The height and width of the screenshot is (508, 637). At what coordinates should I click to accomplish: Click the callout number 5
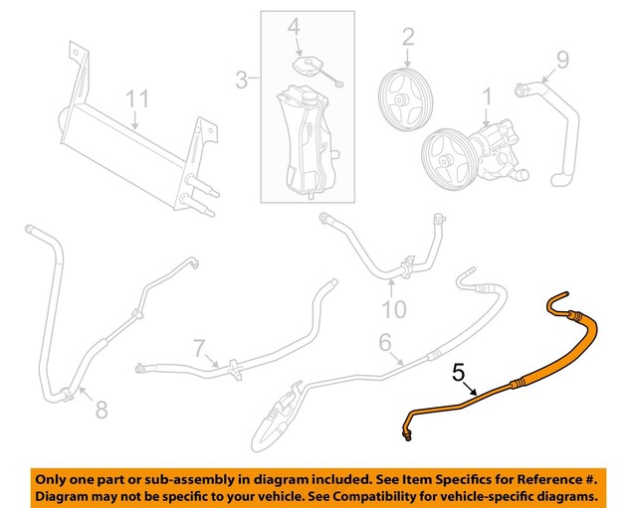point(458,374)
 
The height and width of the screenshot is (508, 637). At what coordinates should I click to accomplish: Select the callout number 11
point(136,98)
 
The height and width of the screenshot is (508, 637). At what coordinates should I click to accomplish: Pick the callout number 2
point(408,38)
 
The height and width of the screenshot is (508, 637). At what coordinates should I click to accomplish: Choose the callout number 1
point(487,97)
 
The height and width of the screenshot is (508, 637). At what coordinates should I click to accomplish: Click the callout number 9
point(562,62)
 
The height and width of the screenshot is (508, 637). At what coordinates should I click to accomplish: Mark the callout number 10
point(395,310)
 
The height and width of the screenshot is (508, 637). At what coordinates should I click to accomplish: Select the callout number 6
point(384,343)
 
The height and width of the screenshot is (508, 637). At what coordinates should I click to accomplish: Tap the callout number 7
point(200,348)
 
